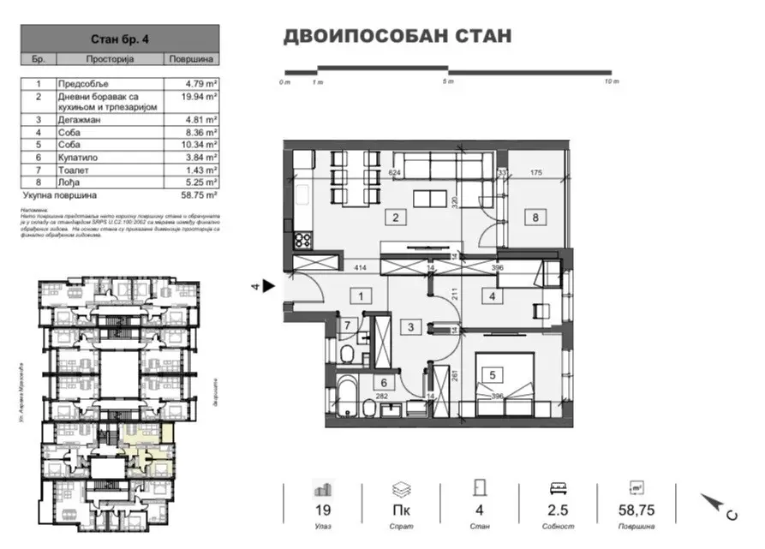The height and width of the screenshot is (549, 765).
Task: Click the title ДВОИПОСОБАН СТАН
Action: coord(397,36)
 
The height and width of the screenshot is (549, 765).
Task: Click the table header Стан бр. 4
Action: coord(119,39)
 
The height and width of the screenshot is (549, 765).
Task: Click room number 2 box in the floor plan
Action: coord(396,217)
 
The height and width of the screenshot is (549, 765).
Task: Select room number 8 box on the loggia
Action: coord(537,217)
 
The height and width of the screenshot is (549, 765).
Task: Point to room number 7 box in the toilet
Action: coord(348,325)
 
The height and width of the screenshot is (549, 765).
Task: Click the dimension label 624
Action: coord(395,172)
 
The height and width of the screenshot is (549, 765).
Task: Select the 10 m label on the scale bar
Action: coord(611,82)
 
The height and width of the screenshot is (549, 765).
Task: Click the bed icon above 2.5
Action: coord(558,490)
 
